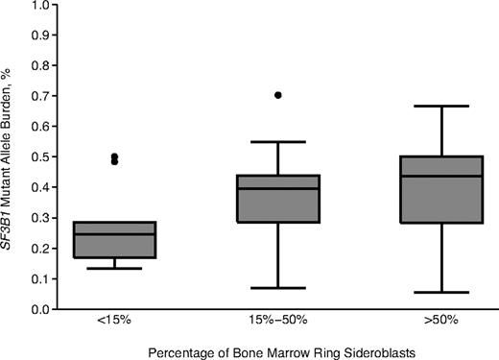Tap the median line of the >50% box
point(441,176)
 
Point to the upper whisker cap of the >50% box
point(441,106)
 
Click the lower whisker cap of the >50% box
point(441,292)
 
